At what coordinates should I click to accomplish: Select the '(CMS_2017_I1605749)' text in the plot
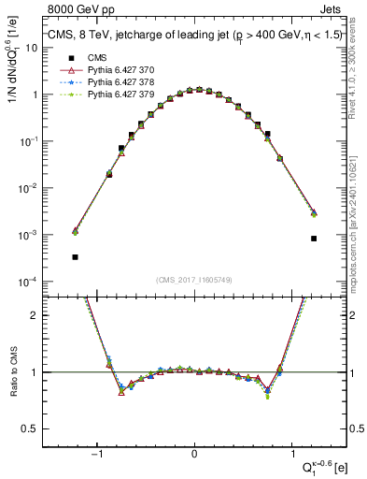coord(193,280)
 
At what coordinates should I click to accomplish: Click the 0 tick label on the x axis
coord(194,454)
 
